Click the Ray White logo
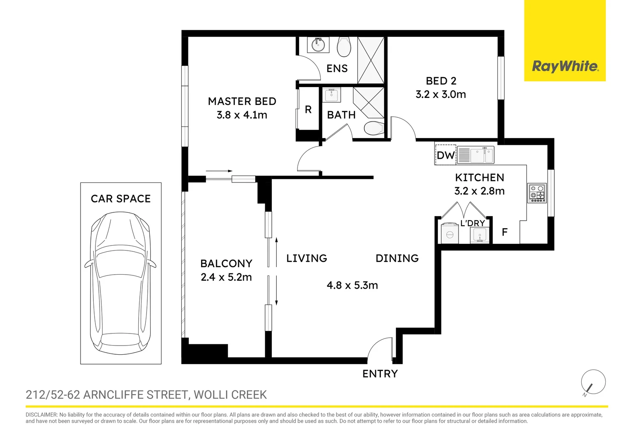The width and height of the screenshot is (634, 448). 565,66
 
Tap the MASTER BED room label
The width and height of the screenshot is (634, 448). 242,102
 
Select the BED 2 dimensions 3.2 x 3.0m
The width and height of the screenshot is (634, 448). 441,95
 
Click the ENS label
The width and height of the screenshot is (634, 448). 337,68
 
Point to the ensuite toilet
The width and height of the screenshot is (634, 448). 344,47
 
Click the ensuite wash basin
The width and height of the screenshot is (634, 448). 318,44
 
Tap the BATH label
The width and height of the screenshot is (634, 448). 341,115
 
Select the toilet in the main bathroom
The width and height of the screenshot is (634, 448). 373,129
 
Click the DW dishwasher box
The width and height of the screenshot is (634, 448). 446,155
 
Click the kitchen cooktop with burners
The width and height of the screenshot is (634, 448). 537,193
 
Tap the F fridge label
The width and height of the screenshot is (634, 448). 505,232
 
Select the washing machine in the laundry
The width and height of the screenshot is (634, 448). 449,234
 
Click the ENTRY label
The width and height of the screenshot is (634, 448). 380,374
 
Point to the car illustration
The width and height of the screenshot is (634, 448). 121,282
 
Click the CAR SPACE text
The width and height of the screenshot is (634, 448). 121,199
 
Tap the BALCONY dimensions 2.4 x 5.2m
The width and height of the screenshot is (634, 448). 226,278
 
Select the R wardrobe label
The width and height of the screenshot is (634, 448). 308,110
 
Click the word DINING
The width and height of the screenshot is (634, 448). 397,258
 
